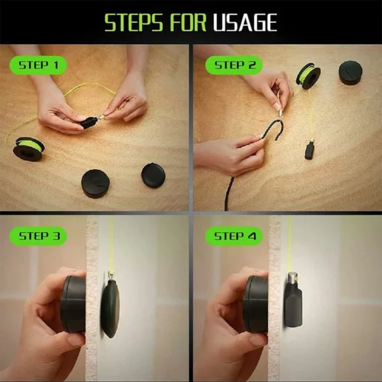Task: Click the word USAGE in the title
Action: [245, 22]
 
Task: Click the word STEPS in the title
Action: [134, 22]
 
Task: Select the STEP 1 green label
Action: [38, 66]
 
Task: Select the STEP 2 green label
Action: [234, 66]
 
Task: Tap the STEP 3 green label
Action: [38, 236]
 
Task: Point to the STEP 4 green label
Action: [234, 236]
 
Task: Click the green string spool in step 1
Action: [29, 148]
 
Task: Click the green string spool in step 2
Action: [308, 76]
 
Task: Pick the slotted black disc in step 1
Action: [95, 183]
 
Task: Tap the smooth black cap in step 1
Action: [153, 175]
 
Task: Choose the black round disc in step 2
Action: [350, 73]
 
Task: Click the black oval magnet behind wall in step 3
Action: [110, 309]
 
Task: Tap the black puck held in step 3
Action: [73, 304]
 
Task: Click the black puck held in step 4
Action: [255, 304]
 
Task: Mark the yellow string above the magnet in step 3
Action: [111, 244]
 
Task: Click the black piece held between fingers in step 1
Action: [89, 122]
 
